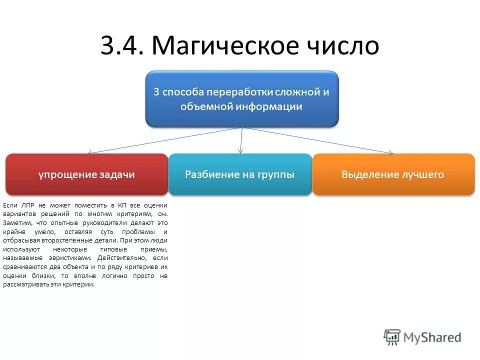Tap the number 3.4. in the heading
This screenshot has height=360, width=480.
coord(122,46)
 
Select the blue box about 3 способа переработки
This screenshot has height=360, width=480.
coord(242,98)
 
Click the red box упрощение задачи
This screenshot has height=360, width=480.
coord(86,174)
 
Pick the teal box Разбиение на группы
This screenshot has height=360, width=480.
coord(239,174)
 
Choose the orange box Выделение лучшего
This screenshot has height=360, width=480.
coord(393,174)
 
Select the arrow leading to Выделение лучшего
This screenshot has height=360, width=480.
coord(320,140)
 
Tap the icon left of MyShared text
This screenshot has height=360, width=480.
coord(392,337)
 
